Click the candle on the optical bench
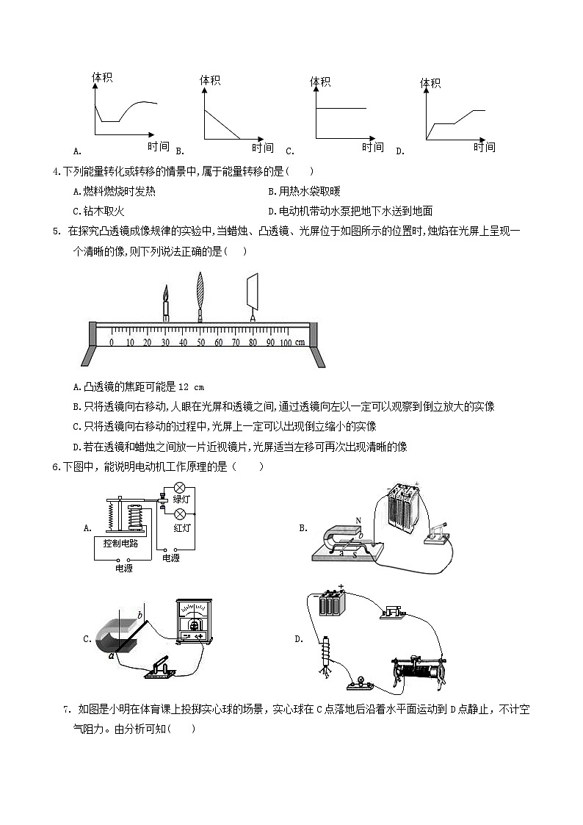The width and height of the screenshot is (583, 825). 165,303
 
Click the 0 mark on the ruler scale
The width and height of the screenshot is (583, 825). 112,342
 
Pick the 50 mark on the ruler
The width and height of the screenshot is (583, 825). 200,342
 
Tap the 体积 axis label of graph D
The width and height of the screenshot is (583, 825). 430,83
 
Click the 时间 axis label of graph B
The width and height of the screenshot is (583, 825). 263,148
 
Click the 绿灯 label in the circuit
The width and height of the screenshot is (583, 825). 182,499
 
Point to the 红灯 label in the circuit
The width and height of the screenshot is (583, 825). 182,527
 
